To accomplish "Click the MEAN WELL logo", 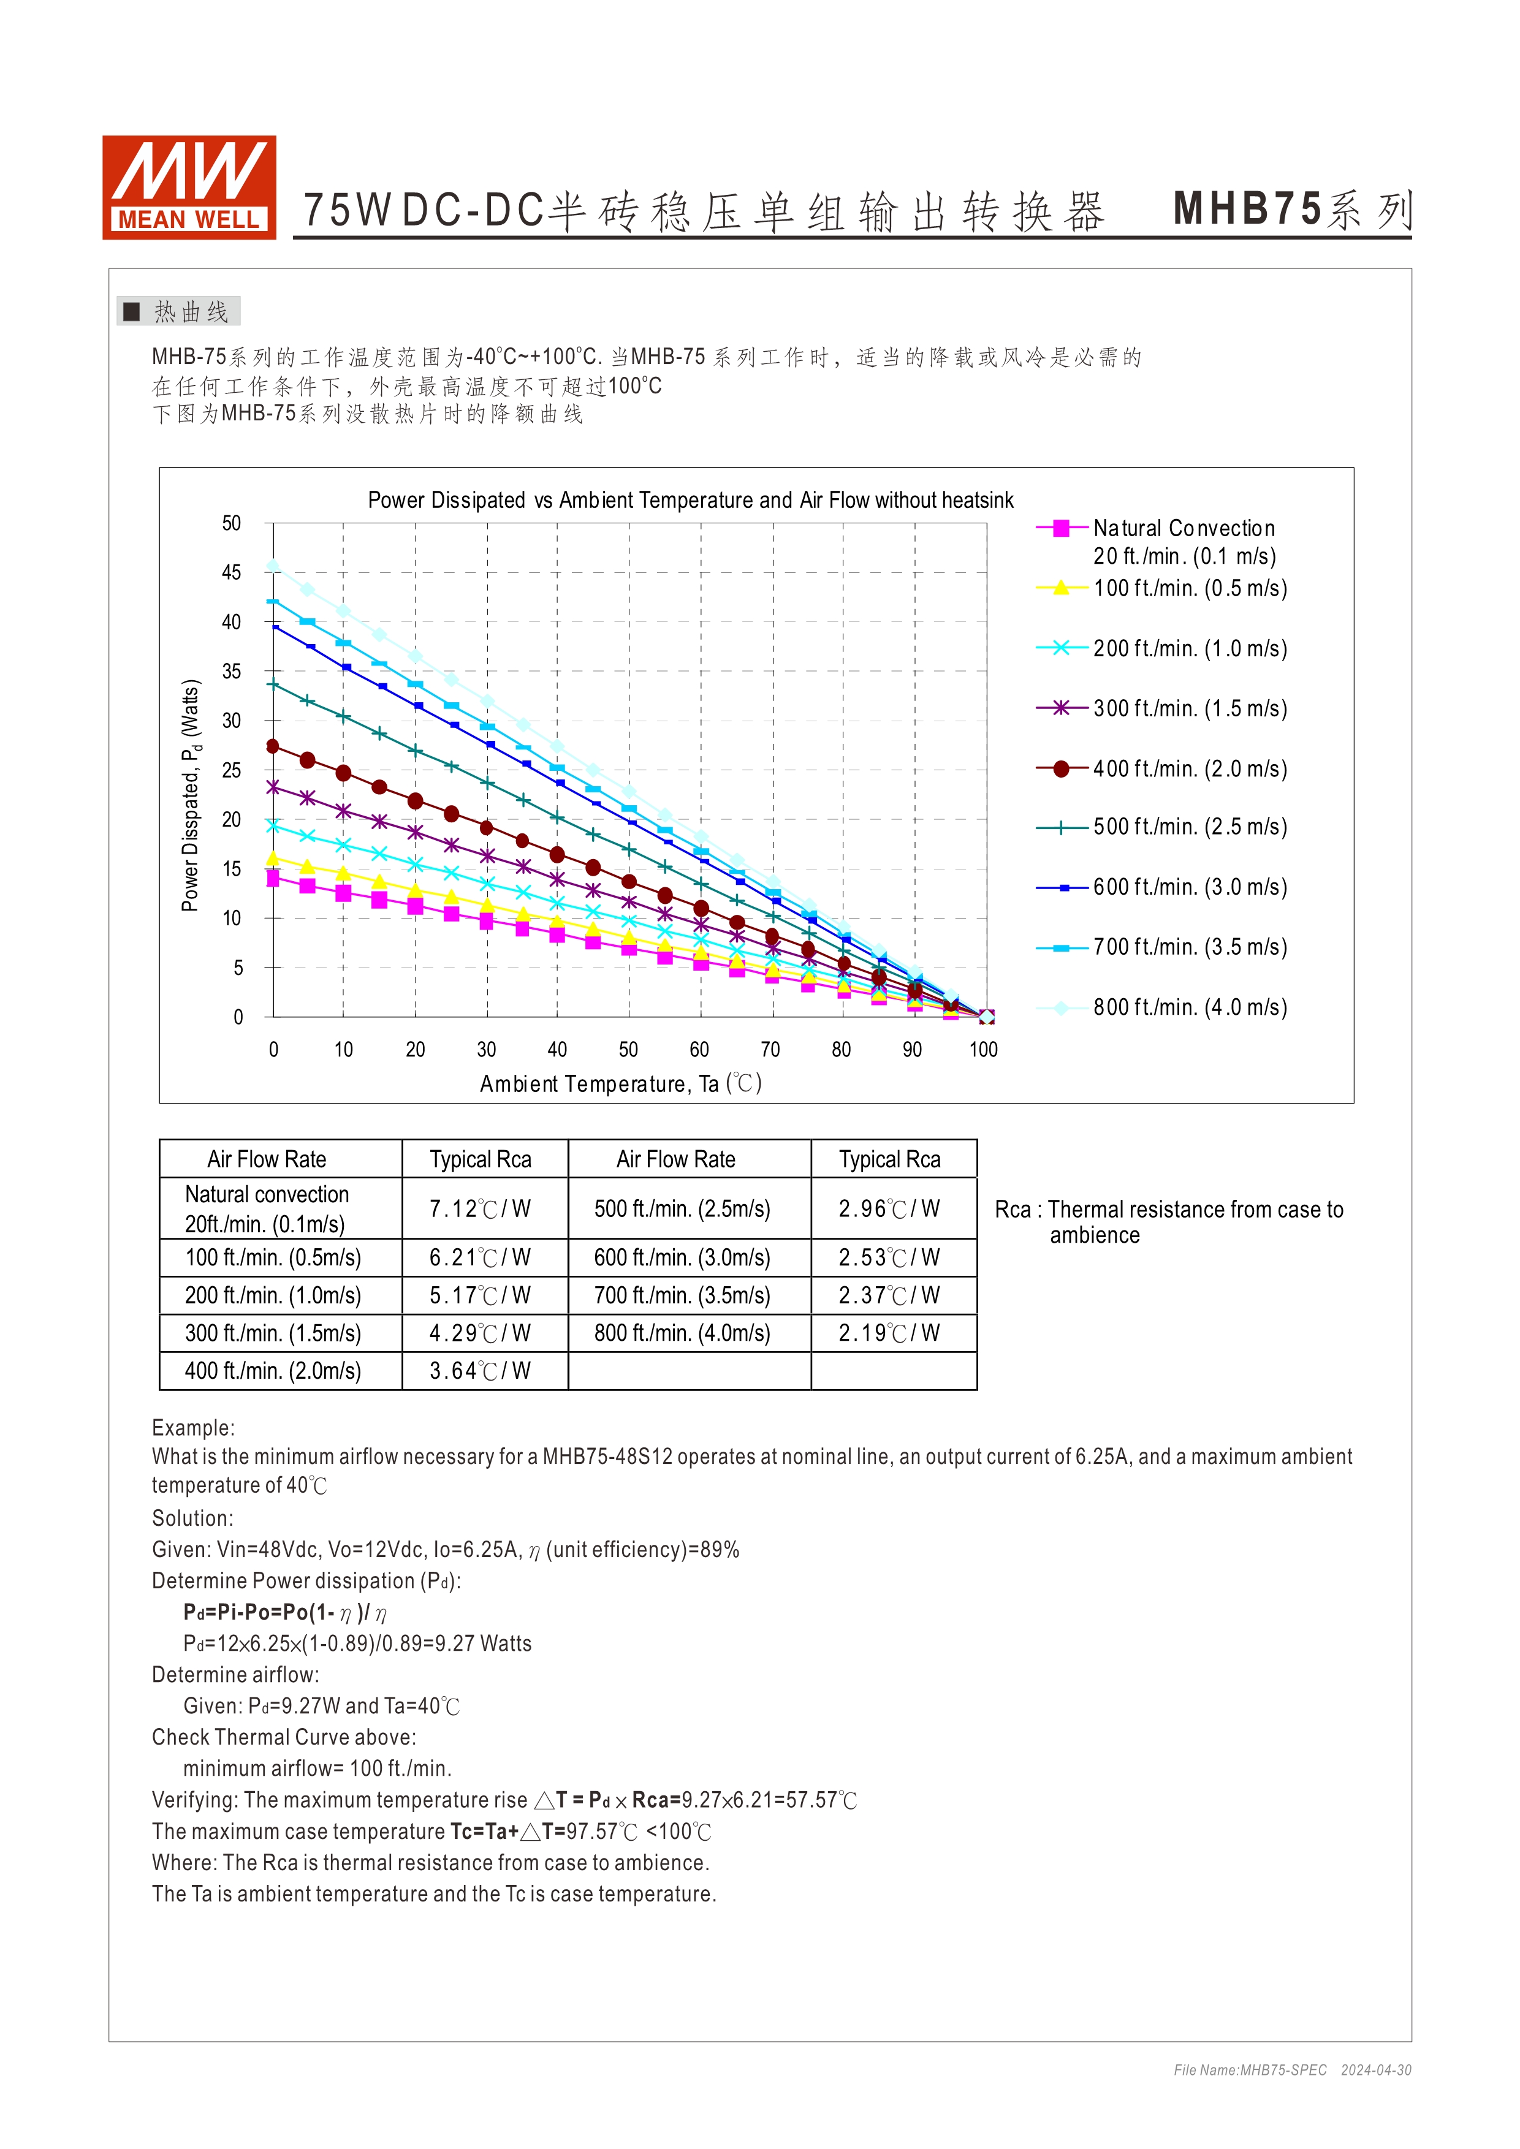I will coord(189,187).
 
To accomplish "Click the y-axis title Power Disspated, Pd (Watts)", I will coord(191,795).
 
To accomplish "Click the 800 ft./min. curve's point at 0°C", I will coord(273,566).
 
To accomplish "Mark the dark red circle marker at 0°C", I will coord(273,746).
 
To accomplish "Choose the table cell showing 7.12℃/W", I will coord(480,1208).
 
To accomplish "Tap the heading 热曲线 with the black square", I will coord(179,312).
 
